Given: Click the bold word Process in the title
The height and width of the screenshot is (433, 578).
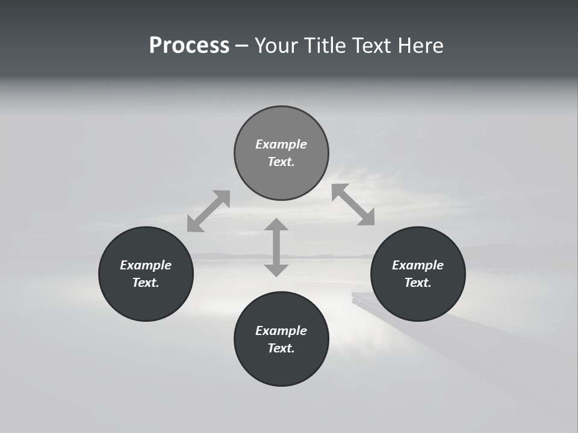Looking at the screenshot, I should pyautogui.click(x=189, y=46).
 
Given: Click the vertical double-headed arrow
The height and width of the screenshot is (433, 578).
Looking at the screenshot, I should pyautogui.click(x=276, y=247).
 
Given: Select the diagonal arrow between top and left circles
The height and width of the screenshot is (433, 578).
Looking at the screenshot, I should pyautogui.click(x=208, y=211).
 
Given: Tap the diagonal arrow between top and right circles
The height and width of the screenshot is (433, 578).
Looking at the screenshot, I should pyautogui.click(x=353, y=204).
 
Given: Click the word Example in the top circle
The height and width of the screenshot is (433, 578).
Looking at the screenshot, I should pyautogui.click(x=281, y=144).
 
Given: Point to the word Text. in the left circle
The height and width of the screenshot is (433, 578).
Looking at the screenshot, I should pyautogui.click(x=146, y=283).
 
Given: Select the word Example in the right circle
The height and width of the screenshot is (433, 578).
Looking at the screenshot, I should pyautogui.click(x=418, y=265).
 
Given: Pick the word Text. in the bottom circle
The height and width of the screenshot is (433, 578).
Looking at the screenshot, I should pyautogui.click(x=281, y=348).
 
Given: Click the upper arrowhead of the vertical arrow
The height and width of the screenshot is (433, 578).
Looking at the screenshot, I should pyautogui.click(x=276, y=225).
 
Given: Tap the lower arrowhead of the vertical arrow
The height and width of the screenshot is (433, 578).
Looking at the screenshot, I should pyautogui.click(x=276, y=269).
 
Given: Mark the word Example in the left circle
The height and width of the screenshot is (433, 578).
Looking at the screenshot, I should pyautogui.click(x=146, y=265).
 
